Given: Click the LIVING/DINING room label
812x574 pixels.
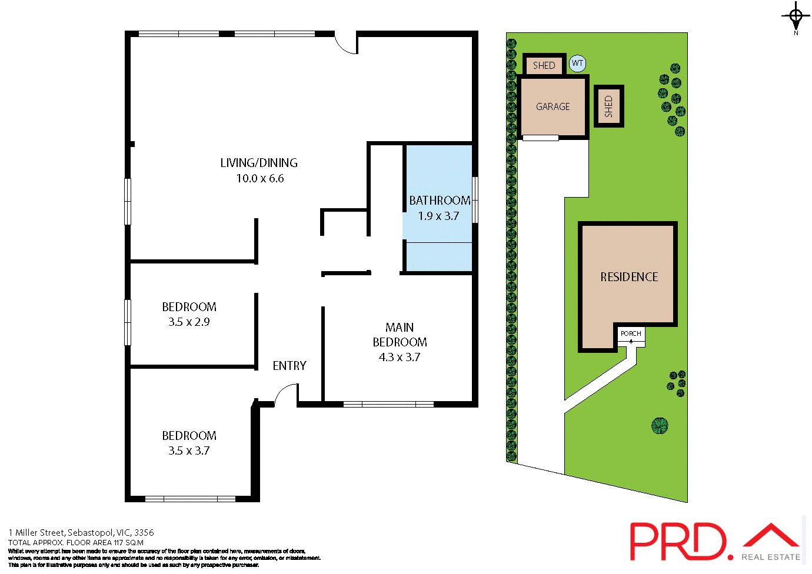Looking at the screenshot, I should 259,163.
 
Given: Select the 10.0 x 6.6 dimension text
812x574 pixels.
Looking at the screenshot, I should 259,178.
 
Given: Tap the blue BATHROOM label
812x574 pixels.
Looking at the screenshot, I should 440,201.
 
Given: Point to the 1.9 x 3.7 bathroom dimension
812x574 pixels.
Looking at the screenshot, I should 438,216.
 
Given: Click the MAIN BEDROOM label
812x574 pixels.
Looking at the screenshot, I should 400,335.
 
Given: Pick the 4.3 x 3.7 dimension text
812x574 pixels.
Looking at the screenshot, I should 400,357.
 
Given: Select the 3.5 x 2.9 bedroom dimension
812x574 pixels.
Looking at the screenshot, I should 189,322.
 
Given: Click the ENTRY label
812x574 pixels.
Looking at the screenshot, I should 289,366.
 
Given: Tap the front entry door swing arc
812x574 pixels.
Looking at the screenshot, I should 285,392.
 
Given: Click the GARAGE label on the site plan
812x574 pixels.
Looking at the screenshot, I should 553,106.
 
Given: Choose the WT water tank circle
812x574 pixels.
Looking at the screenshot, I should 578,64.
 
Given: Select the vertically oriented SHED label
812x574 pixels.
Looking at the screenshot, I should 608,106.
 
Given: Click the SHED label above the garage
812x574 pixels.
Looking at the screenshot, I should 544,65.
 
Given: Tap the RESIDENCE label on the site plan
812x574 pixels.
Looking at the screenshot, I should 629,277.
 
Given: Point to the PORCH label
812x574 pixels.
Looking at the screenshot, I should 631,333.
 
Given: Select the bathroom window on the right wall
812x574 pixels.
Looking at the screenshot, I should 475,200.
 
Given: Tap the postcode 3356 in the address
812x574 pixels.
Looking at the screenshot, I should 144,533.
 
